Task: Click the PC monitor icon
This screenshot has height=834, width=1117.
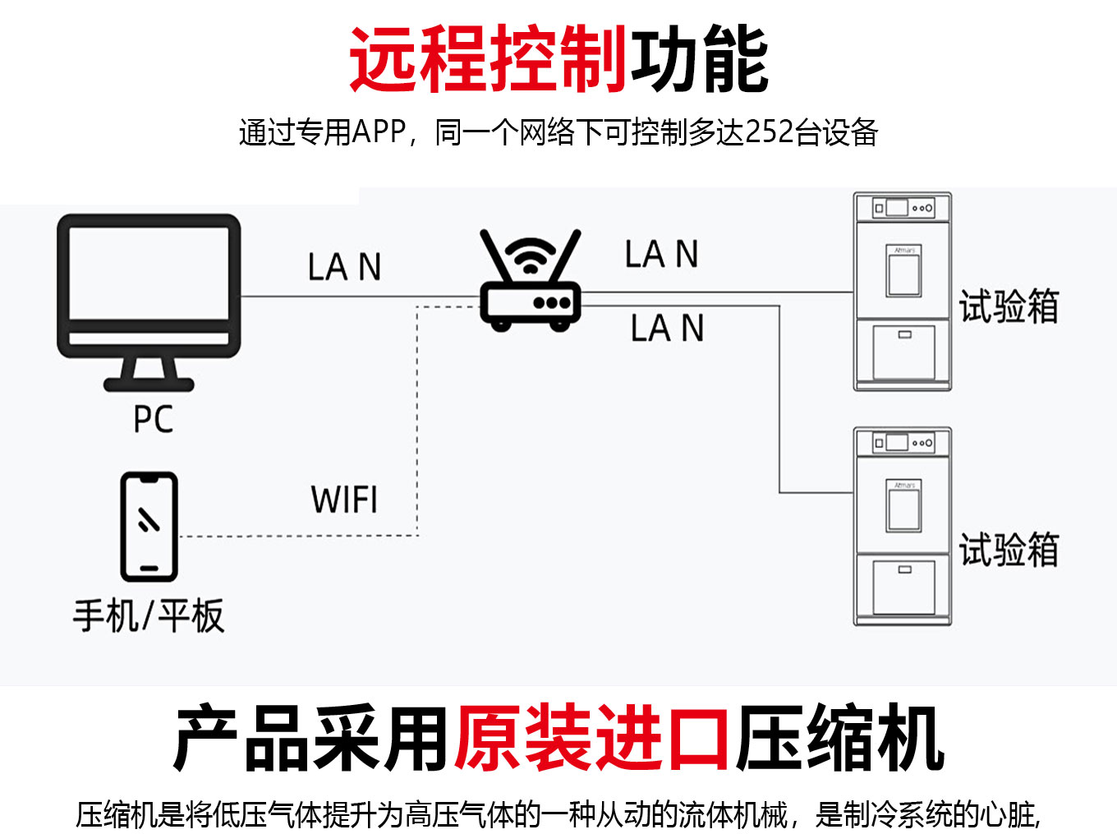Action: pyautogui.click(x=149, y=288)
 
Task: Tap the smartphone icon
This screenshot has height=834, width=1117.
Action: pyautogui.click(x=149, y=527)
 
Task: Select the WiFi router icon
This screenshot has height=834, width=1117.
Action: pyautogui.click(x=531, y=283)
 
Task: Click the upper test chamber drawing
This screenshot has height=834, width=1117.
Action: pyautogui.click(x=903, y=292)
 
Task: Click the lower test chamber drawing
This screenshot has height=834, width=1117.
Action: pyautogui.click(x=903, y=527)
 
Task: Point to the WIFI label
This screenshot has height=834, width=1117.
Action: pyautogui.click(x=344, y=500)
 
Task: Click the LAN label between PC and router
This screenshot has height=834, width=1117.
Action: pyautogui.click(x=344, y=267)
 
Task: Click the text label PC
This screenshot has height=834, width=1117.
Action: pyautogui.click(x=154, y=419)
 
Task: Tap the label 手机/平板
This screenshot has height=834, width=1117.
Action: pyautogui.click(x=149, y=615)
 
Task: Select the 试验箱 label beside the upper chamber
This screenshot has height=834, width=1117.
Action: pyautogui.click(x=1009, y=306)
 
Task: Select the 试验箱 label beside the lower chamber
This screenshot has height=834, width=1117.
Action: pyautogui.click(x=1009, y=549)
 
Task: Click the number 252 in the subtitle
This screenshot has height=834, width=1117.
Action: pyautogui.click(x=770, y=132)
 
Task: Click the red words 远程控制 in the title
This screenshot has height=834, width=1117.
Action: pyautogui.click(x=489, y=59)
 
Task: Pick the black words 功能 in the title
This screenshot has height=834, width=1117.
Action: pyautogui.click(x=700, y=59)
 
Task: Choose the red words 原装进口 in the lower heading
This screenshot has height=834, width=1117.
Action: pyautogui.click(x=591, y=737)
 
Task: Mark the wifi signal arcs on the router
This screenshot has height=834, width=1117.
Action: pyautogui.click(x=531, y=255)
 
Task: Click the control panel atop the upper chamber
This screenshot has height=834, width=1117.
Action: pyautogui.click(x=903, y=208)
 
